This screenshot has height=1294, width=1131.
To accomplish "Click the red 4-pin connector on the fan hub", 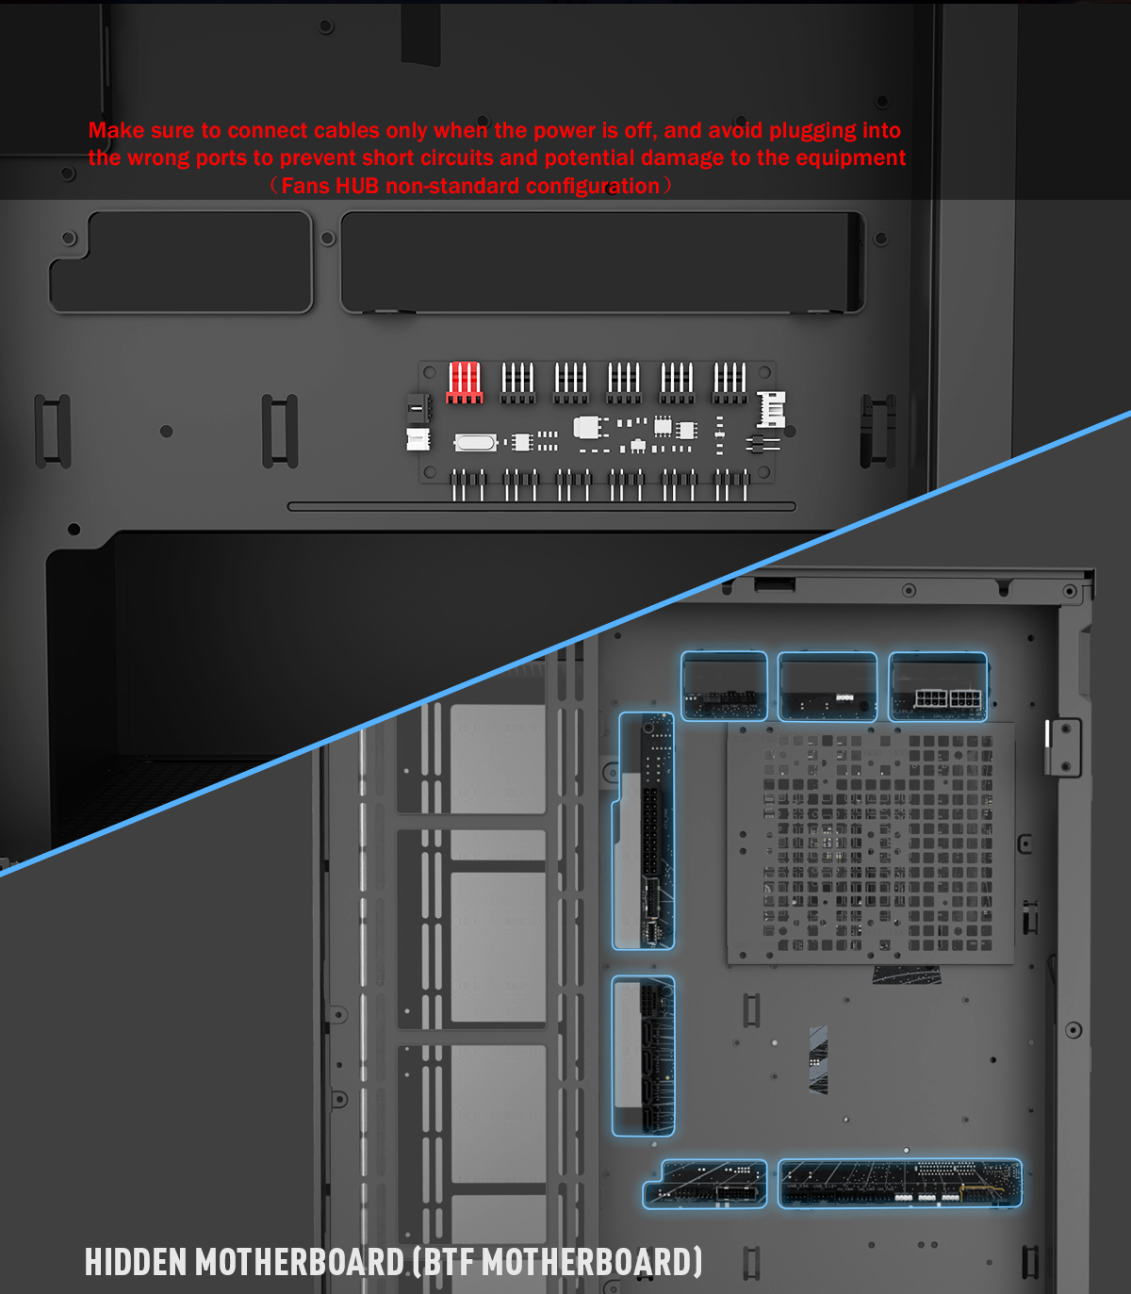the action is tap(465, 382).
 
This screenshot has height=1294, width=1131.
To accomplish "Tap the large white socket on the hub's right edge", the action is tap(772, 409).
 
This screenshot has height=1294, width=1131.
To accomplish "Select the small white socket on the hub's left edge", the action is tap(418, 439).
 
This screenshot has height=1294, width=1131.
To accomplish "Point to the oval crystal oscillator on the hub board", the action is tap(475, 442).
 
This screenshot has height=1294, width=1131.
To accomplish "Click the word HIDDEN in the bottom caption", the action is tap(136, 1262).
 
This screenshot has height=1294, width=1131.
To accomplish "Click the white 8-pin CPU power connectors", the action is tap(947, 699).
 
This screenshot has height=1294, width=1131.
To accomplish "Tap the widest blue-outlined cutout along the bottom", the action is tap(899, 1184).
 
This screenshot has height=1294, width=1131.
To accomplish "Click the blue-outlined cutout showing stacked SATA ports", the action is tap(644, 1056).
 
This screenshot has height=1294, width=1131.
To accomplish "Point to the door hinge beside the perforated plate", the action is tap(1062, 746).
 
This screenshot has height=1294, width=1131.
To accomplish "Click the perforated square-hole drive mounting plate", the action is tap(870, 844).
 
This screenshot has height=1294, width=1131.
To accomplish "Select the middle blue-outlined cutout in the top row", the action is tap(828, 686).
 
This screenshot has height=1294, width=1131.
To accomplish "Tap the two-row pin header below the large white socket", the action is tap(762, 444).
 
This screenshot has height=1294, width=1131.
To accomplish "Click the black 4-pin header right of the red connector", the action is tap(518, 382).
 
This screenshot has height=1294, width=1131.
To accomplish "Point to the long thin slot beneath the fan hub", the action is tap(541, 506).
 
